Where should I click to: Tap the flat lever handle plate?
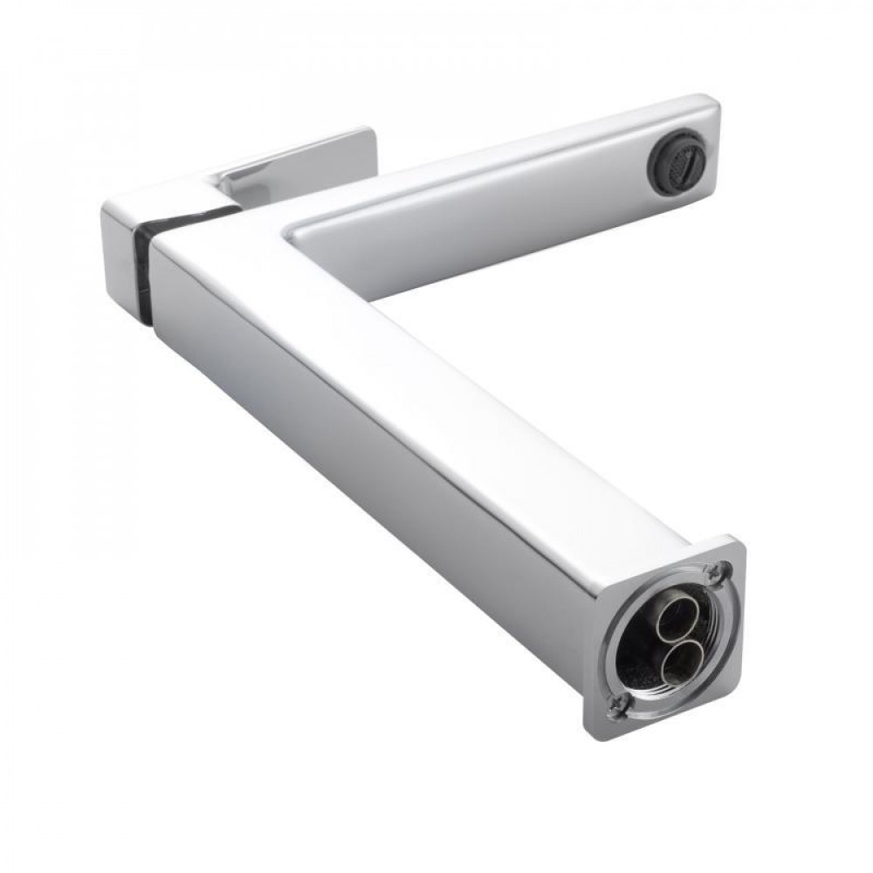pyautogui.click(x=297, y=157)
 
